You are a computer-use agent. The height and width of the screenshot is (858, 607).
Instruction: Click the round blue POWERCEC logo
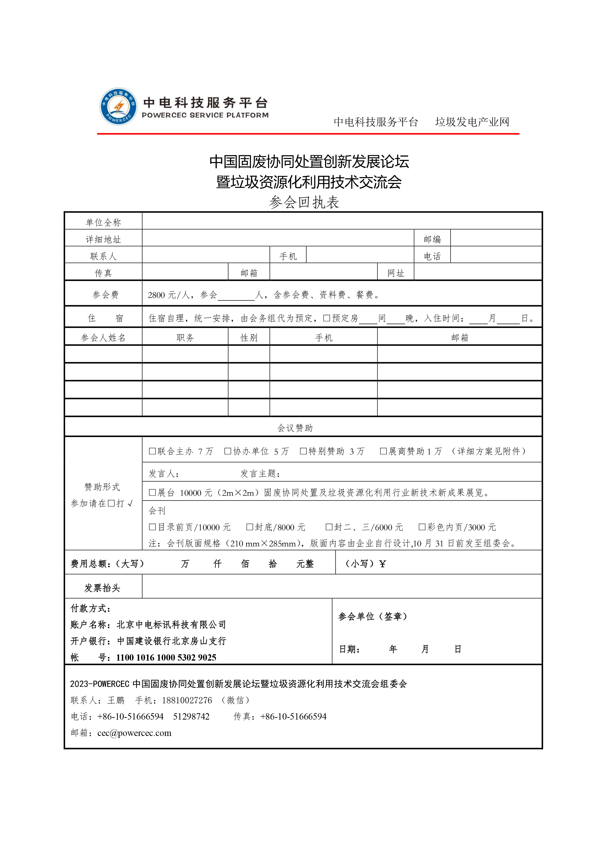pyautogui.click(x=118, y=106)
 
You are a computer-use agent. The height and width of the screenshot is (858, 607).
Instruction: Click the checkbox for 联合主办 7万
pyautogui.click(x=152, y=451)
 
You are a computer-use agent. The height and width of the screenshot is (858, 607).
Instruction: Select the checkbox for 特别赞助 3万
pyautogui.click(x=303, y=451)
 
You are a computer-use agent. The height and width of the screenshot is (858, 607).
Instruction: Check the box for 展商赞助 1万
pyautogui.click(x=383, y=451)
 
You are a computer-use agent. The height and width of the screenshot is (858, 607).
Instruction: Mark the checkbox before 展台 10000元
pyautogui.click(x=152, y=493)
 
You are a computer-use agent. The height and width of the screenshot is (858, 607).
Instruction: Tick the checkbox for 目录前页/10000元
pyautogui.click(x=152, y=527)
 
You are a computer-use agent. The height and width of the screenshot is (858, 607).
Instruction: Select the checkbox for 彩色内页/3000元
pyautogui.click(x=422, y=527)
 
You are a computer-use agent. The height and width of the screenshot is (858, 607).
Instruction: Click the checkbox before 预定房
pyautogui.click(x=327, y=318)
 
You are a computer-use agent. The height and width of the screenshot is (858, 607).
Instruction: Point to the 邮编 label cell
pyautogui.click(x=432, y=239)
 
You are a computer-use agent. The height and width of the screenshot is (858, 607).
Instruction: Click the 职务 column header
pyautogui.click(x=185, y=338)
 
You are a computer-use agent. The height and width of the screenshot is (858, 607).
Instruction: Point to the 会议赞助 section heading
pyautogui.click(x=295, y=428)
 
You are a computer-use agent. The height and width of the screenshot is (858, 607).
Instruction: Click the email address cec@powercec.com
pyautogui.click(x=134, y=733)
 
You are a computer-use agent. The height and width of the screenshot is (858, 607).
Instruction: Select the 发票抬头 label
pyautogui.click(x=102, y=588)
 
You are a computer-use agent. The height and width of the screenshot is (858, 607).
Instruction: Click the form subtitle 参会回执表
pyautogui.click(x=304, y=202)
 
